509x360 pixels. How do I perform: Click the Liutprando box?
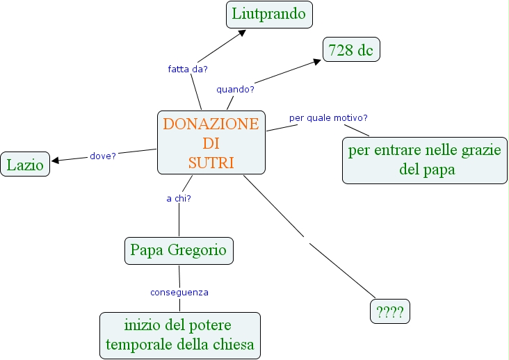pyautogui.click(x=270, y=14)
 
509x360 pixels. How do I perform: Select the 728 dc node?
pyautogui.click(x=351, y=50)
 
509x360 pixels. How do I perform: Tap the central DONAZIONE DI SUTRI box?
pyautogui.click(x=211, y=142)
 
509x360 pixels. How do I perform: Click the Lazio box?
pyautogui.click(x=25, y=164)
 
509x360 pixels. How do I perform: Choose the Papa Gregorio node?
pyautogui.click(x=178, y=251)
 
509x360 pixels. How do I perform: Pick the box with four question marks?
pyautogui.click(x=389, y=311)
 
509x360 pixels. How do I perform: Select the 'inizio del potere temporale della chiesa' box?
pyautogui.click(x=179, y=335)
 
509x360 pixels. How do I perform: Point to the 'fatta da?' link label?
pyautogui.click(x=188, y=69)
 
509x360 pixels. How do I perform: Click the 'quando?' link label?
pyautogui.click(x=235, y=90)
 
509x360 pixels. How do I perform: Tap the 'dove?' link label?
pyautogui.click(x=103, y=156)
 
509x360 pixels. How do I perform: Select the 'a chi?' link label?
pyautogui.click(x=179, y=198)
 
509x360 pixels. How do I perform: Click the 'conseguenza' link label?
pyautogui.click(x=179, y=292)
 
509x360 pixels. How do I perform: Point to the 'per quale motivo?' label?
pyautogui.click(x=328, y=117)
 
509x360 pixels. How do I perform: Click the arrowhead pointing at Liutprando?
pyautogui.click(x=242, y=32)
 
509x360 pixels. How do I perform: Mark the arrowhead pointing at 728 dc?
pyautogui.click(x=317, y=61)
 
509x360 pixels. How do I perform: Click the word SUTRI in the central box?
pyautogui.click(x=211, y=163)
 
